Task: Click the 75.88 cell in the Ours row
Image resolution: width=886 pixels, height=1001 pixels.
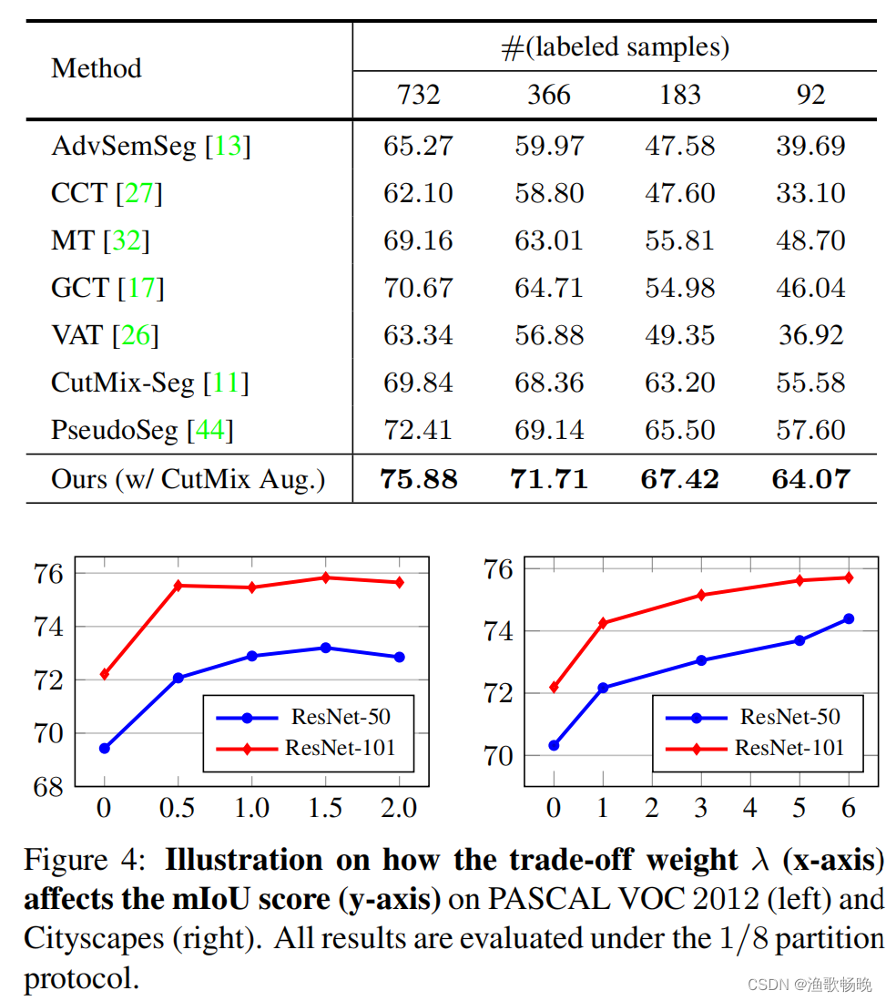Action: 418,479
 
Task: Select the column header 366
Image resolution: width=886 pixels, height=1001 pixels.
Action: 549,95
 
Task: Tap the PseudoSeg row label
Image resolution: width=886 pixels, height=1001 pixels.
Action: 115,430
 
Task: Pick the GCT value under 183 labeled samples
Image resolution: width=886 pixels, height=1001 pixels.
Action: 680,288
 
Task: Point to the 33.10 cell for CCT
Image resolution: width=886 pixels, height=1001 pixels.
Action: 810,193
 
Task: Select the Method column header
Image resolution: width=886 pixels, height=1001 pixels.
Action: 97,68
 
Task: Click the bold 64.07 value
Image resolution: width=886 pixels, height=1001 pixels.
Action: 810,479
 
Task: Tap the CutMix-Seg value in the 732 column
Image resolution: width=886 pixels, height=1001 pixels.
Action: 418,383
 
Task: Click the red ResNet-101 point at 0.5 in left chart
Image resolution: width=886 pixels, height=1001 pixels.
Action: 178,586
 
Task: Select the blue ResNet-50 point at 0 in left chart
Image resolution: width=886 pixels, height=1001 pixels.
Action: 105,748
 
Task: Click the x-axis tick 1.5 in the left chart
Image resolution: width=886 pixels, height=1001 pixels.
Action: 325,808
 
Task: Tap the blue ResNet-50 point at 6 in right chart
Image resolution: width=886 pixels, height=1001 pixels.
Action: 849,618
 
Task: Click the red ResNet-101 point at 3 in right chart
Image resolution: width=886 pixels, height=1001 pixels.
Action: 701,595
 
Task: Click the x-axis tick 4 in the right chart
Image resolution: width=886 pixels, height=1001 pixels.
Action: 749,808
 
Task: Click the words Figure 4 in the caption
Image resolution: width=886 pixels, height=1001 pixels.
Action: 83,860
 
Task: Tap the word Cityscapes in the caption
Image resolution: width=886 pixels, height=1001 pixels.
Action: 88,938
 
